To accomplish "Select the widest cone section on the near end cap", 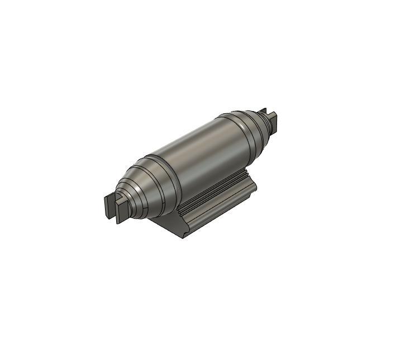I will tap(154, 187).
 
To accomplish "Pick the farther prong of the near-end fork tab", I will tap(109, 204).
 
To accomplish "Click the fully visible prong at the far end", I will tap(273, 118).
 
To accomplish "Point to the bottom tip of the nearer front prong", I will tap(118, 222).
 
